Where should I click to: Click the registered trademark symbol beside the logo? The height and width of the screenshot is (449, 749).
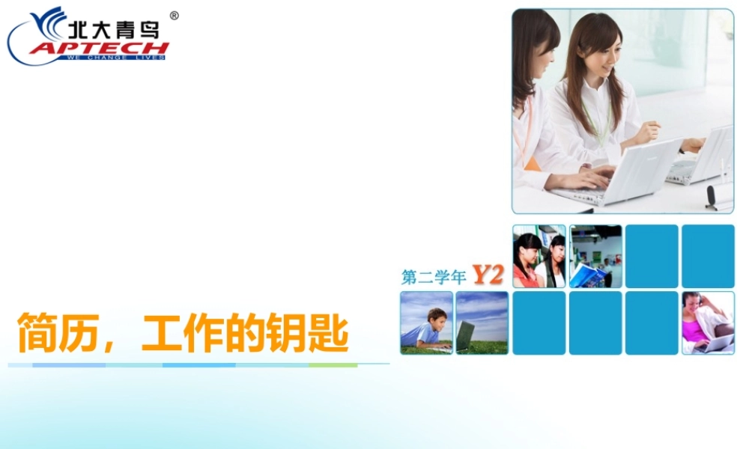(174, 15)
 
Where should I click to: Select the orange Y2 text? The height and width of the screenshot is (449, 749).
(487, 275)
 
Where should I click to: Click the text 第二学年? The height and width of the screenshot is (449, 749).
(434, 278)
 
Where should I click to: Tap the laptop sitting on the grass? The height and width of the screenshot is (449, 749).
(465, 336)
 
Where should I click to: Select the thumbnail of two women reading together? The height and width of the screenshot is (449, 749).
(539, 256)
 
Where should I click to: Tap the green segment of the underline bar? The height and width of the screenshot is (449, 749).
(333, 365)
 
